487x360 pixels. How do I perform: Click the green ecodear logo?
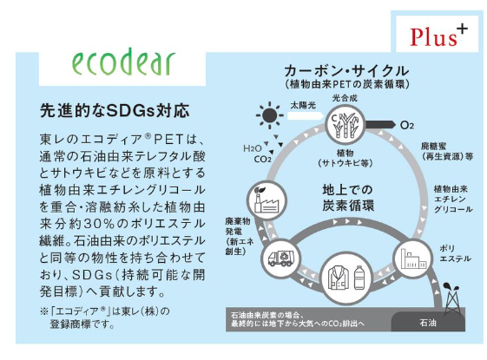pos(123,62)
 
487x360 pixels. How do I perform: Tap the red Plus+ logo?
pos(438,36)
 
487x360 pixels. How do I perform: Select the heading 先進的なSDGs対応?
pos(115,111)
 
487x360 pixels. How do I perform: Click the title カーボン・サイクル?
pos(346,71)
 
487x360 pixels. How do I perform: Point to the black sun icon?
pos(270,115)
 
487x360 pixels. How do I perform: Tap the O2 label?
pos(407,126)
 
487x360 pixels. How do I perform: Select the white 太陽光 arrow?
pos(306,115)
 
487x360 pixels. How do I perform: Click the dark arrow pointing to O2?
pos(380,125)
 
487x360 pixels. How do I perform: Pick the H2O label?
pos(253,148)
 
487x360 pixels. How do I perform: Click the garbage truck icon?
pos(280,259)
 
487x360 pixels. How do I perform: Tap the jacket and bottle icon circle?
pos(346,278)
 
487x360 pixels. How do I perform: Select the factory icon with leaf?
pos(267,200)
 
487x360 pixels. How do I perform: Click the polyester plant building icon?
pos(413,259)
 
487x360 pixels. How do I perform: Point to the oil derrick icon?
pos(452,298)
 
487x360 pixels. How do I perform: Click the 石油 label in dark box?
pos(428,323)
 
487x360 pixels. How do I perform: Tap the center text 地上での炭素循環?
pos(348,198)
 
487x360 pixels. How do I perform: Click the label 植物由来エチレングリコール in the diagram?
pos(453,199)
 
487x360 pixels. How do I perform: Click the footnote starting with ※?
pos(105,317)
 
